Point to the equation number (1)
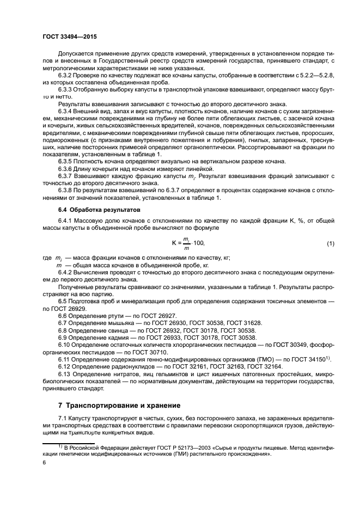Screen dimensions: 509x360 (330, 243)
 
